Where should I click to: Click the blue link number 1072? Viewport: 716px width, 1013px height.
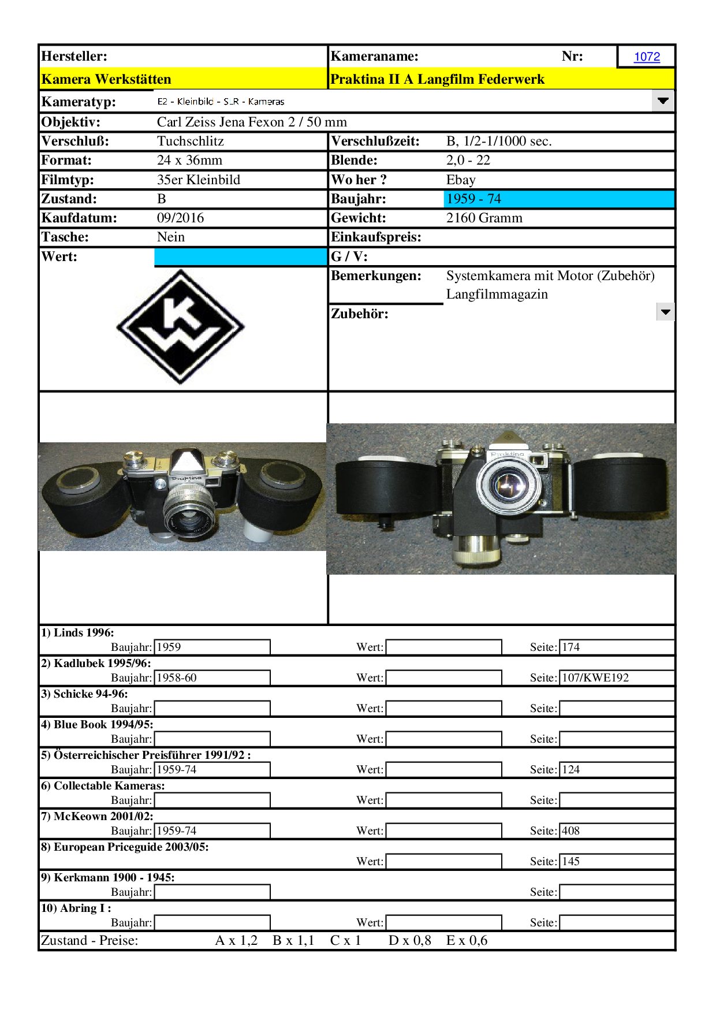[x=647, y=57]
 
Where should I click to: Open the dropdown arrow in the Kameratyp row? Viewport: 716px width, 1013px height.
[x=663, y=101]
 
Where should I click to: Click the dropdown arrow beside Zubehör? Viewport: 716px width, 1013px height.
[x=665, y=312]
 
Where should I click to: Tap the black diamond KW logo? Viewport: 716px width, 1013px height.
[x=181, y=326]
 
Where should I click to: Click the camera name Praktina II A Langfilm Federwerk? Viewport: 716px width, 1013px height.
[x=437, y=79]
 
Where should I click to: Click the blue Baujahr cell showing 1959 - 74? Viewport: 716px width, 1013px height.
[x=558, y=199]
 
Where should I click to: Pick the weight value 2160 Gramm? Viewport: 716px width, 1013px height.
[x=484, y=218]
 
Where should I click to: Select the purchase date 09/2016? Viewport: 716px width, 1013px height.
[x=180, y=218]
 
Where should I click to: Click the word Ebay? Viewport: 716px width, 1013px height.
[x=461, y=180]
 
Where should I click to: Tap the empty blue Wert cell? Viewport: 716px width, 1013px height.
[x=240, y=256]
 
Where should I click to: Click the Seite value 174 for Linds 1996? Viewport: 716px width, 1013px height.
[x=616, y=647]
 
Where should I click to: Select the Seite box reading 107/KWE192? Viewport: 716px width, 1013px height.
[x=616, y=677]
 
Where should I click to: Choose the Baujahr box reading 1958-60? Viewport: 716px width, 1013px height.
[x=211, y=677]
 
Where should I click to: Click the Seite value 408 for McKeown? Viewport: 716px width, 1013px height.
[x=616, y=830]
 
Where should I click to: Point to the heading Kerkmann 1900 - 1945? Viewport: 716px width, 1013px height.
[x=107, y=877]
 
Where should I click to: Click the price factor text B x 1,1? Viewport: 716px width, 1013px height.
[x=293, y=940]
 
